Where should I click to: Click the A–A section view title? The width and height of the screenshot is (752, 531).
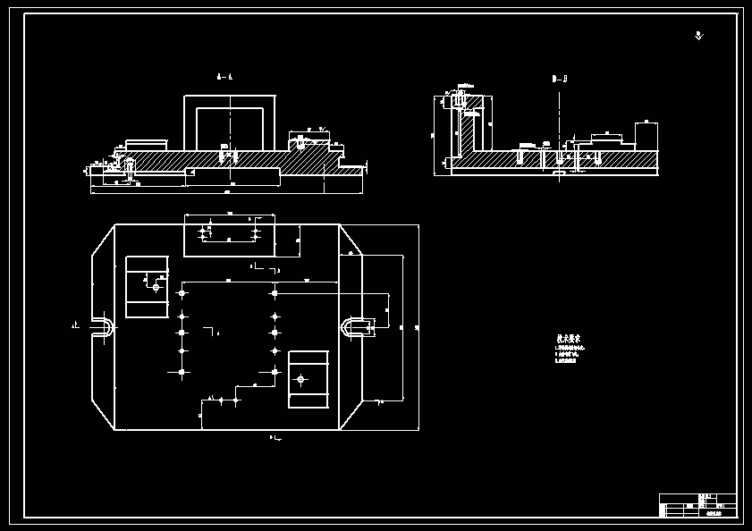224,78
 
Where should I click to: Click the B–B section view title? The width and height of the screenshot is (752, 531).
560,80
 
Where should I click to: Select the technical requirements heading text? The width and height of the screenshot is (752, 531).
569,340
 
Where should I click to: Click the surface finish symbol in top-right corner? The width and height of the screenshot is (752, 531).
699,36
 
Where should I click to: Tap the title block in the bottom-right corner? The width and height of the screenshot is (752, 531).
697,505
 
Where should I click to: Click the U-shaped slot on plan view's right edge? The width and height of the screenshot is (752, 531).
355,327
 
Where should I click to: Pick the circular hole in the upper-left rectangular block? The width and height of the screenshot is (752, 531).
156,287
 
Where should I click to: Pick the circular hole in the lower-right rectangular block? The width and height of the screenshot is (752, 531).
300,379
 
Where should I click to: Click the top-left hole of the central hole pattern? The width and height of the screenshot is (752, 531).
182,293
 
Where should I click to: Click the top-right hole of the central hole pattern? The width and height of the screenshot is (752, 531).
275,293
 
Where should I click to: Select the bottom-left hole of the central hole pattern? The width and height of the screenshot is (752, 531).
182,372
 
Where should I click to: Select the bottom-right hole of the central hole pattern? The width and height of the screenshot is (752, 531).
275,372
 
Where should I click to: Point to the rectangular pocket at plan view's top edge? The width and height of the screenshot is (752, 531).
230,235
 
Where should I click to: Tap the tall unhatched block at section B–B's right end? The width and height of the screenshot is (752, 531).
646,136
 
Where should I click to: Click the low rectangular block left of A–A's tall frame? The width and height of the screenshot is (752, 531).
147,145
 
